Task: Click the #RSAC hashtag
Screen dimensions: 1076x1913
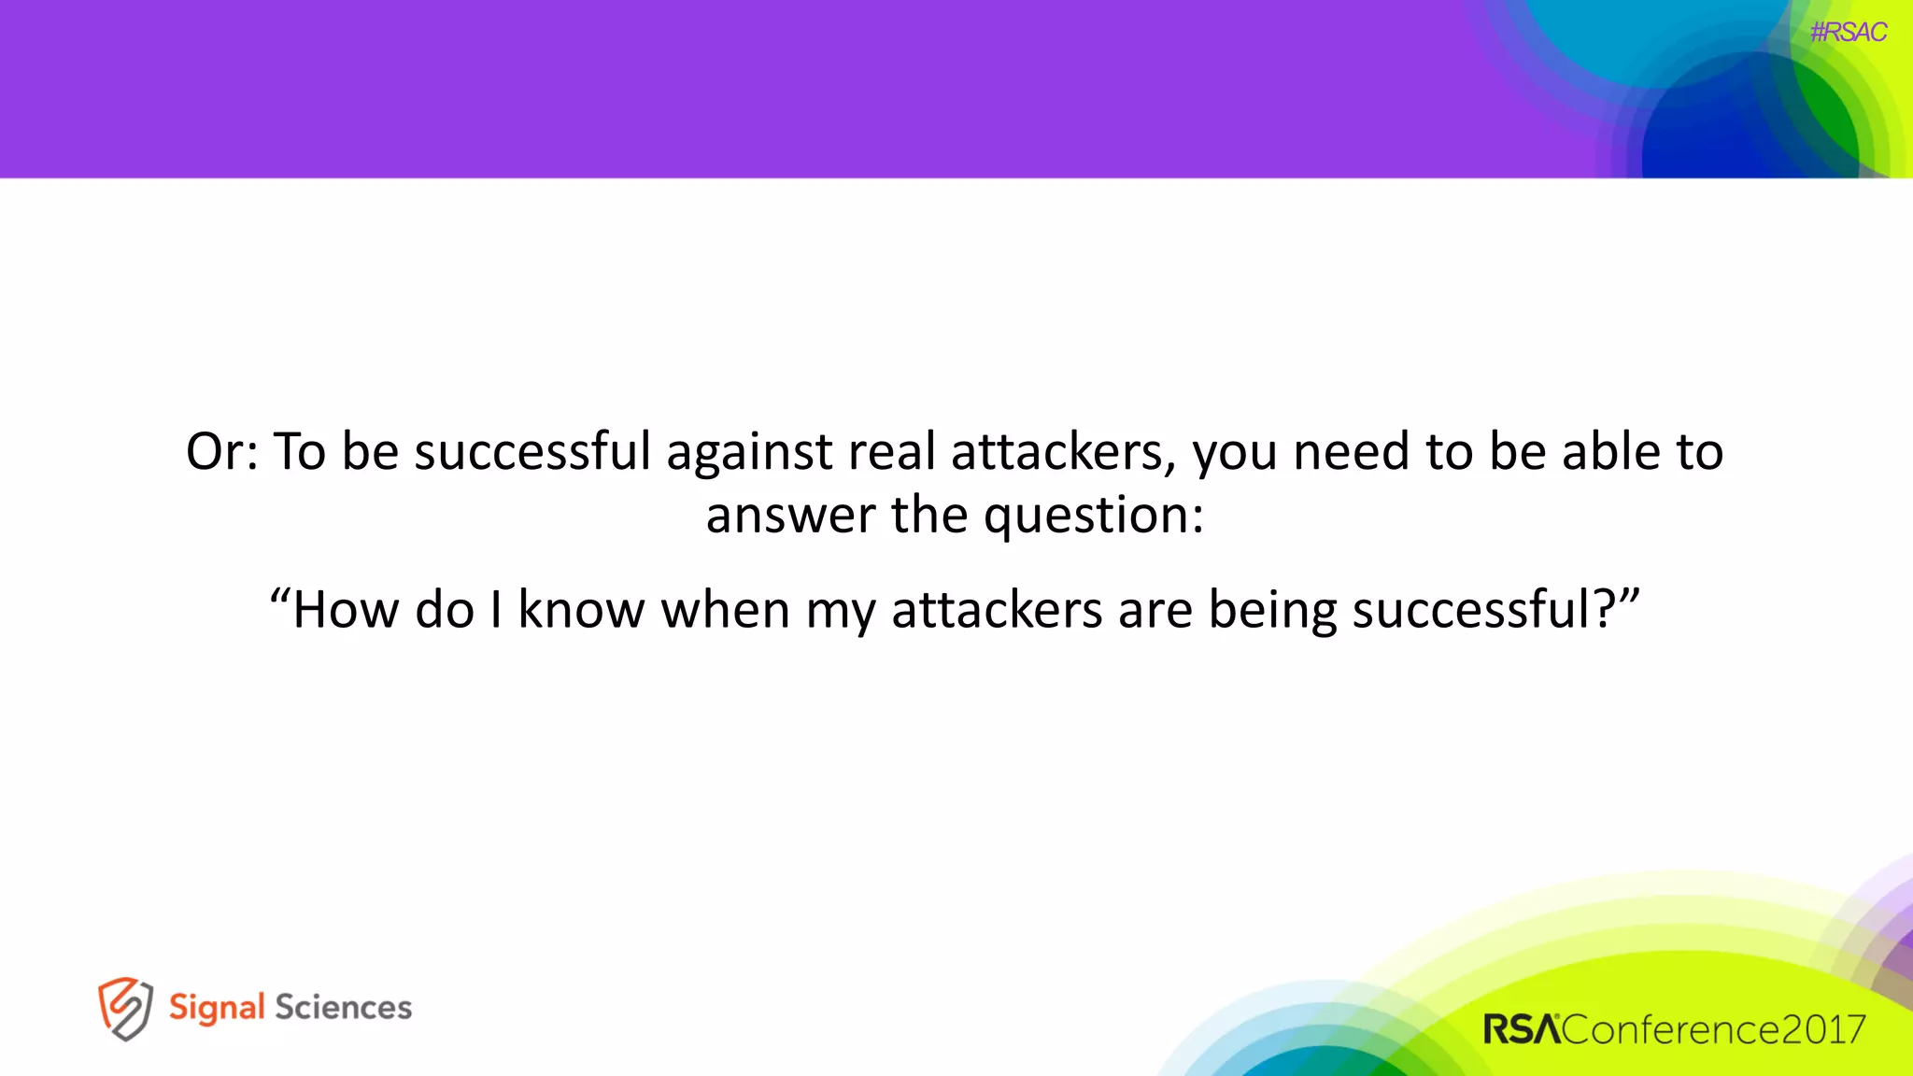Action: click(x=1848, y=33)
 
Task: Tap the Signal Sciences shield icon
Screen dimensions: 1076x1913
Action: click(x=125, y=1009)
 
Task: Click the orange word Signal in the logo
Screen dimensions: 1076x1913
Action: click(x=217, y=1009)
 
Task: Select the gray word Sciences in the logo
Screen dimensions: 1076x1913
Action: click(x=343, y=1008)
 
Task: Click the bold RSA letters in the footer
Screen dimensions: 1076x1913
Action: click(x=1522, y=1030)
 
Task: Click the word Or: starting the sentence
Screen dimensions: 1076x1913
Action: click(x=221, y=452)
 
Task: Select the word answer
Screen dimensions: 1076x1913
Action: click(x=790, y=517)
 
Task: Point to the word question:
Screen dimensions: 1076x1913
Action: click(x=1094, y=517)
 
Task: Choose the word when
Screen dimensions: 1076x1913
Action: click(x=725, y=610)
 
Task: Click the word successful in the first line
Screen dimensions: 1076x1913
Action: click(x=532, y=452)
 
